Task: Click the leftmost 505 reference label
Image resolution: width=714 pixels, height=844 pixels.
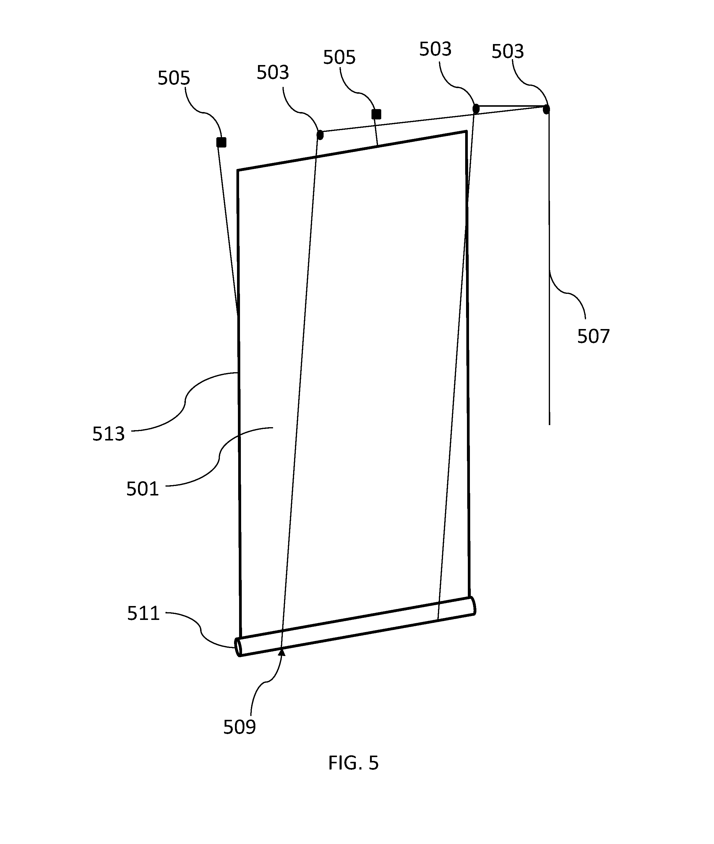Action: point(174,78)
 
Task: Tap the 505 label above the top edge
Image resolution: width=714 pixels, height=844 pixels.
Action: point(339,57)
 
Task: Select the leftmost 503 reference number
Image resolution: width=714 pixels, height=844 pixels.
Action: point(273,72)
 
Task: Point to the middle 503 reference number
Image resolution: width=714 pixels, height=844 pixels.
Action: point(435,49)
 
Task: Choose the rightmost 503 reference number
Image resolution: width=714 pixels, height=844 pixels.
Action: point(507,51)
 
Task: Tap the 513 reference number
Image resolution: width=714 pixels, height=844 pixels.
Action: point(108,434)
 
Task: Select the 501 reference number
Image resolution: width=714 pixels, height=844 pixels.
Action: point(142,489)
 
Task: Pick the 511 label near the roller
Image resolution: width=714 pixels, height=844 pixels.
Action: point(143,614)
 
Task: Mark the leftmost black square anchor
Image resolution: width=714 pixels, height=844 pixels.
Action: point(221,142)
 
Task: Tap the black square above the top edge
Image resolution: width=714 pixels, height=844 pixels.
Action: point(377,115)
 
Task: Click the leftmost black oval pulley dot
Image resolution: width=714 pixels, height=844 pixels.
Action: point(320,135)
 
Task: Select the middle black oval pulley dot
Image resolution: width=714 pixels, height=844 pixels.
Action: point(476,108)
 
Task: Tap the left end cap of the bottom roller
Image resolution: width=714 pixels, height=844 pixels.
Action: point(238,647)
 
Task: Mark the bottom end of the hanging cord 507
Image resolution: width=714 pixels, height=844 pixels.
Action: point(549,425)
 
